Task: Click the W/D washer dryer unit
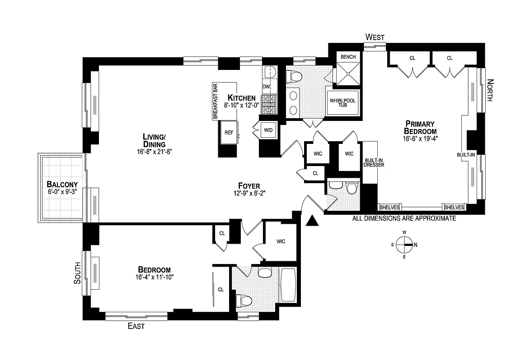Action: (x=268, y=130)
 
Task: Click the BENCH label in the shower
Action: (x=348, y=57)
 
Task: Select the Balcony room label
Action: (x=62, y=184)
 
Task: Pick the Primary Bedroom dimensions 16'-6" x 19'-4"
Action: (x=420, y=139)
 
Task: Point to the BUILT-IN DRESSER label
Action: (x=375, y=162)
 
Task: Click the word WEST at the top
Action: (x=375, y=37)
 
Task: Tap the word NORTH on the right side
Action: (x=490, y=90)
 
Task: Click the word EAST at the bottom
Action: (x=136, y=326)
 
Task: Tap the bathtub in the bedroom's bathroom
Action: (x=288, y=285)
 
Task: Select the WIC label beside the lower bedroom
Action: (x=281, y=241)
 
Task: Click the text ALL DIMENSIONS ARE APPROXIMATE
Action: (x=404, y=218)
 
